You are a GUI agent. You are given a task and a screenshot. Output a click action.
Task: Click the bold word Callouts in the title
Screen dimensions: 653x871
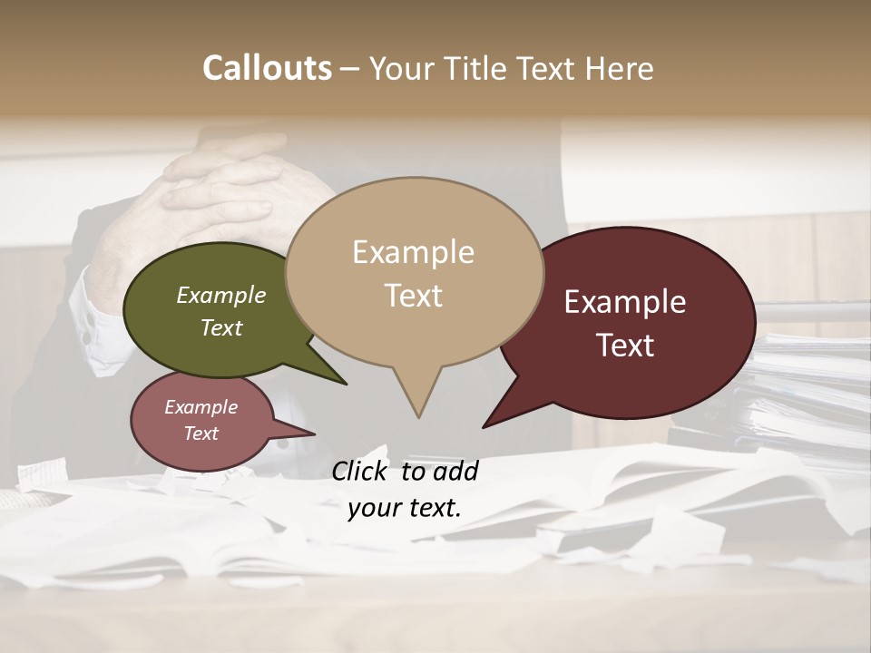267,68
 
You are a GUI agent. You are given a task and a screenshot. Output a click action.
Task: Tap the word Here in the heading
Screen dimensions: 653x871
619,69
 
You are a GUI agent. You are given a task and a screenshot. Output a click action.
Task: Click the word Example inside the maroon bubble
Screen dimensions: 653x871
625,302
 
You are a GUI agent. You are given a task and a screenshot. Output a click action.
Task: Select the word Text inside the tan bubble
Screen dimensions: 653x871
414,296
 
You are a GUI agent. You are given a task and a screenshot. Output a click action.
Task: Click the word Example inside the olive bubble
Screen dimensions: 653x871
220,296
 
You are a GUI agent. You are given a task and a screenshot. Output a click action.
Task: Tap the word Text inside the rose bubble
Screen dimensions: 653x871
201,434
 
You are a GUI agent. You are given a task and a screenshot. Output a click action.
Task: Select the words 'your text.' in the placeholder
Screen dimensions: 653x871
405,508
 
